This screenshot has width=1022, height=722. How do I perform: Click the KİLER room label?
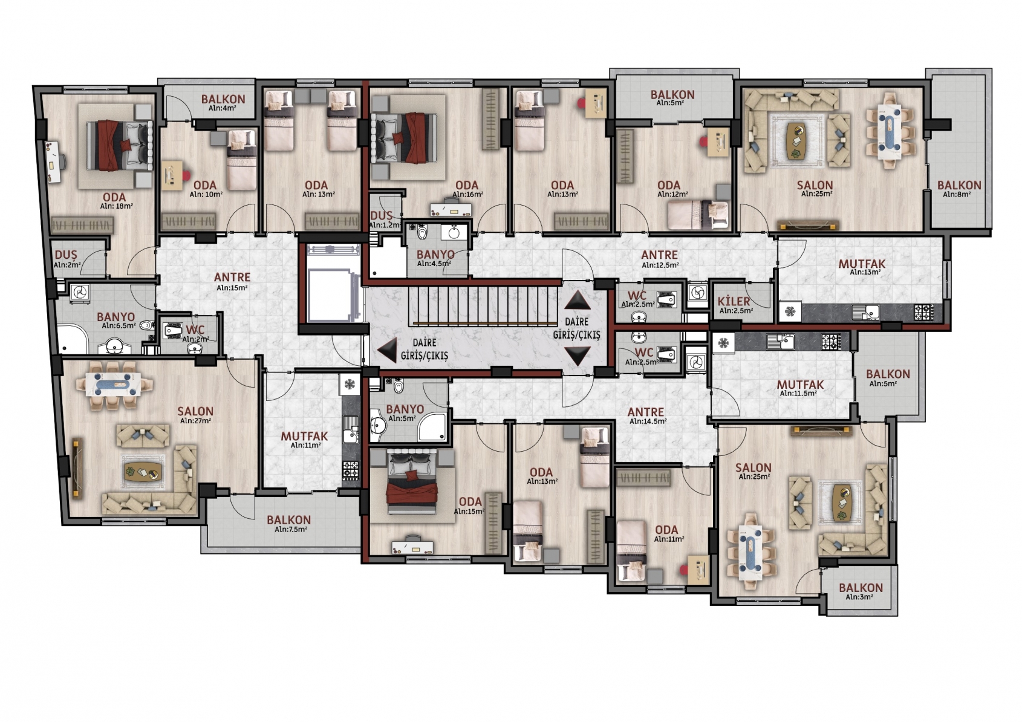(x=734, y=301)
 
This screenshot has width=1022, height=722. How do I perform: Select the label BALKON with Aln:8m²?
(x=959, y=185)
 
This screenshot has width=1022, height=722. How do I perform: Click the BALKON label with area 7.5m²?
(x=289, y=520)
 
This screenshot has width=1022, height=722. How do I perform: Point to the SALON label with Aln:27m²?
(x=195, y=411)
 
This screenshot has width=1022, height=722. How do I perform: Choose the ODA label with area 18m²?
(x=114, y=197)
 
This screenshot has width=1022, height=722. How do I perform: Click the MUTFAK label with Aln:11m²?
(x=304, y=436)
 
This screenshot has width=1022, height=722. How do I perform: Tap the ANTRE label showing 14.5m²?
(x=646, y=412)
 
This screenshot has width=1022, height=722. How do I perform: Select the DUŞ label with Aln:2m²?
(x=66, y=255)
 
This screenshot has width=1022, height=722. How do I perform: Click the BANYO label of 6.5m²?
(x=116, y=317)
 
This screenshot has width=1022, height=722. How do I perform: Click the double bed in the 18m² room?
(x=120, y=146)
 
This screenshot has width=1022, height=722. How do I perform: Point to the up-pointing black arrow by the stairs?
(x=578, y=300)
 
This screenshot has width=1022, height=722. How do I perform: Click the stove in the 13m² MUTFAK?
(x=925, y=312)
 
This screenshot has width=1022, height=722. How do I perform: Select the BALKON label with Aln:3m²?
(x=861, y=588)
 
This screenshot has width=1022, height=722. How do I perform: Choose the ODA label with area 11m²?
(x=666, y=530)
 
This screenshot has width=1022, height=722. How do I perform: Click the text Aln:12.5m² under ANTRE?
(x=660, y=265)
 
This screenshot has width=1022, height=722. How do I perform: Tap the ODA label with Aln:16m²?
(x=467, y=185)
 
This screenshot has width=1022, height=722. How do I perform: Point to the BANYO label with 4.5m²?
(x=435, y=255)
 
